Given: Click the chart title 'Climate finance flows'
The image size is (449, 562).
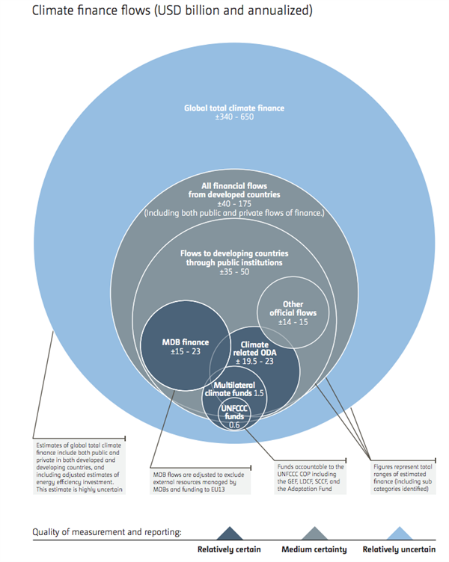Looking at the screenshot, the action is [91, 10].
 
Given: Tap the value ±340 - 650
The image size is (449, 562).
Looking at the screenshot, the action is [234, 117].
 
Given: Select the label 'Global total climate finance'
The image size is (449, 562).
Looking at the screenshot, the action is [234, 108].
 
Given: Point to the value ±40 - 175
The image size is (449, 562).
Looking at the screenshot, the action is [234, 203].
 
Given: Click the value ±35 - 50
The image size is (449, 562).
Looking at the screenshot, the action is [234, 272].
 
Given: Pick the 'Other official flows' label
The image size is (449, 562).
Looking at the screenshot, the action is [293, 308].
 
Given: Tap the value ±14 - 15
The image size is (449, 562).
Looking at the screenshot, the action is [293, 322].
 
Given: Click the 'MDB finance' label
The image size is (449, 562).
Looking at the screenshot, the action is [185, 342].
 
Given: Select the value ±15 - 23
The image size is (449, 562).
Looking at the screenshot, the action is [185, 351].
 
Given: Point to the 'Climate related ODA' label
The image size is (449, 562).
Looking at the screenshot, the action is [255, 348].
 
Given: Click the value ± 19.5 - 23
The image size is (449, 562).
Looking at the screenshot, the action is [254, 361].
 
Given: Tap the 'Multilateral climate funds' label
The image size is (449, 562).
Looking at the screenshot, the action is [229, 389].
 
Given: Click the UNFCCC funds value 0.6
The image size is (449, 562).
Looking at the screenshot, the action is [234, 424].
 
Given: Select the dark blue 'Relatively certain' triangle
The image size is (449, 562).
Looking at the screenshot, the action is [229, 534].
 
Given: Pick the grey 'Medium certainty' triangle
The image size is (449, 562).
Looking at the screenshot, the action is [314, 534].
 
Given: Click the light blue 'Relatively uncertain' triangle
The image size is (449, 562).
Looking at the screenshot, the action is [399, 534].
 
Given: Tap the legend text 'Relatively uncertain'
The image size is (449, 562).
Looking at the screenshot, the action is [399, 549].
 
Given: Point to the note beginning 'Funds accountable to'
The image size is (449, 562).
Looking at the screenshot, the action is [310, 478].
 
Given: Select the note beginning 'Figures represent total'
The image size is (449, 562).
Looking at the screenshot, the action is [403, 478].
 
